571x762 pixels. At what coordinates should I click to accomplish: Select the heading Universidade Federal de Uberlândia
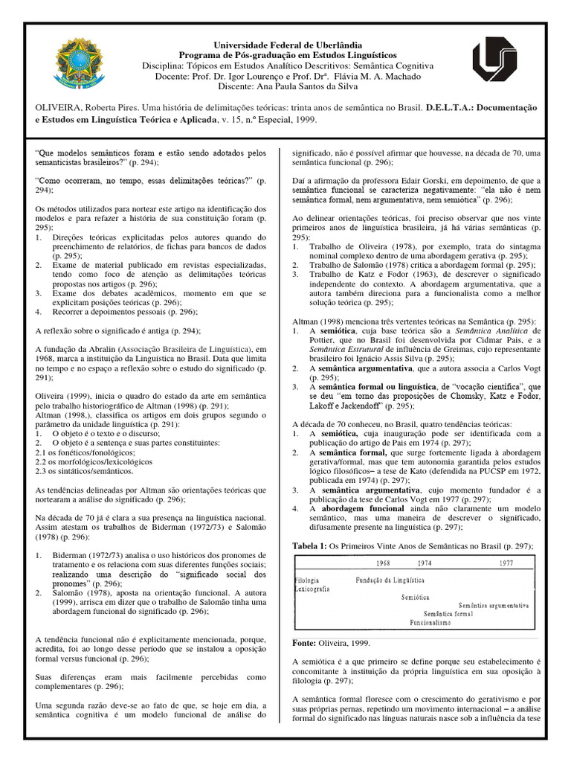(286, 45)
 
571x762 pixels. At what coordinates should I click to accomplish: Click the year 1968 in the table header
(384, 563)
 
